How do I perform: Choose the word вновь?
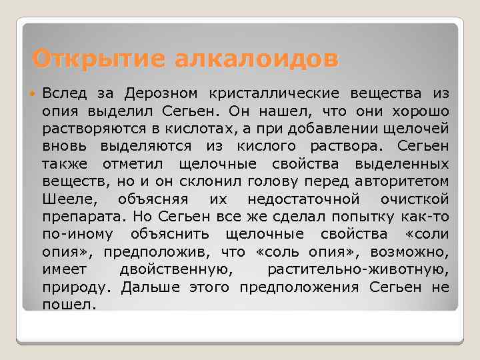pyautogui.click(x=66, y=145)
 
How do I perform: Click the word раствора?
pyautogui.click(x=350, y=145)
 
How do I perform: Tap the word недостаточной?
pyautogui.click(x=303, y=199)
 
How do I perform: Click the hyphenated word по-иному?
pyautogui.click(x=77, y=235)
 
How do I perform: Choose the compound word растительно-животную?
pyautogui.click(x=358, y=270)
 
